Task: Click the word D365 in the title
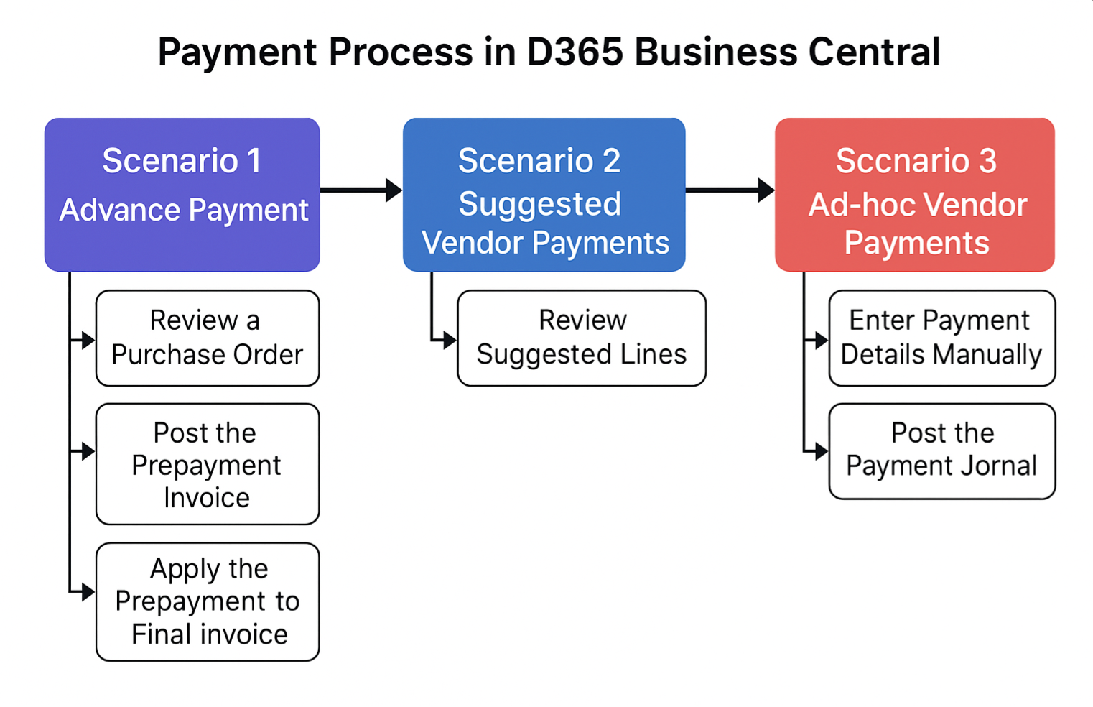575,52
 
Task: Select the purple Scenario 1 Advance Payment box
182,194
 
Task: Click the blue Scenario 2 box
544,194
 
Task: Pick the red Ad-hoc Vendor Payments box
915,194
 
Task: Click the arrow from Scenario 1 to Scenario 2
361,190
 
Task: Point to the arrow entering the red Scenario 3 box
730,190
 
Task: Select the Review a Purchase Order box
208,338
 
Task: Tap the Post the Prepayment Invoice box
208,464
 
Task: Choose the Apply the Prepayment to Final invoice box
208,602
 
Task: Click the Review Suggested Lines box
582,338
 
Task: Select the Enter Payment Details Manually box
942,338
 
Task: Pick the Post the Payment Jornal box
942,451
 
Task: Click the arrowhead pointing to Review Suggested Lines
450,340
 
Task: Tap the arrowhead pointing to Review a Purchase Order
89,340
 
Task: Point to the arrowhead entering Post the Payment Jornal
822,452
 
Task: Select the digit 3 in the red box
987,161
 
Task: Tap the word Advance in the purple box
120,210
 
